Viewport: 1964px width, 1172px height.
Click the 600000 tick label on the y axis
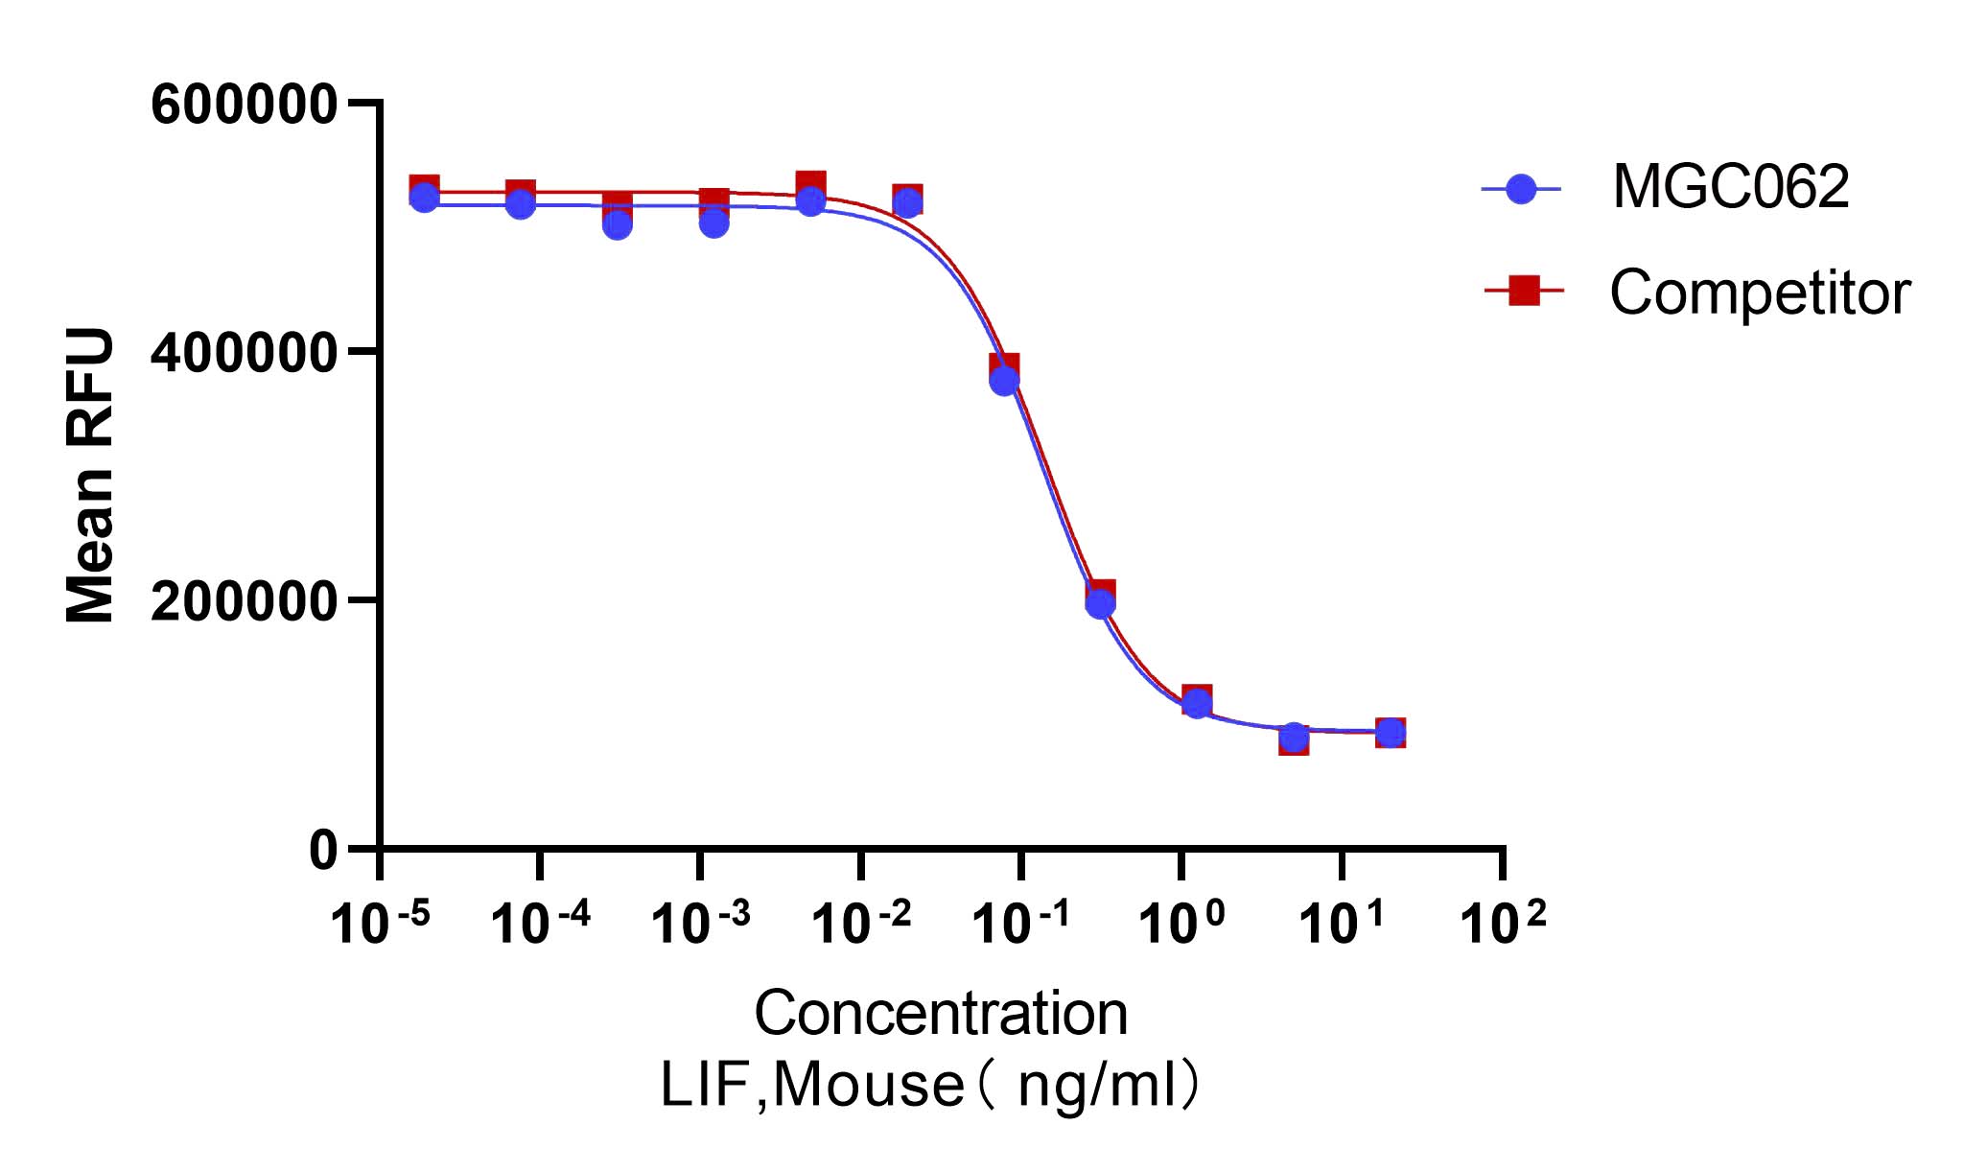(x=244, y=105)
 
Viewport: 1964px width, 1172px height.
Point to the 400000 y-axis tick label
(x=244, y=353)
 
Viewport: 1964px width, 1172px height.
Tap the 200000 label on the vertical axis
(x=244, y=601)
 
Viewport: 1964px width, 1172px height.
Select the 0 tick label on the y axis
(x=323, y=850)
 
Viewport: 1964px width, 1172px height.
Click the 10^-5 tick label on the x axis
(x=380, y=925)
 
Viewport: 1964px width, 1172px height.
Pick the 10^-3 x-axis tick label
(x=700, y=925)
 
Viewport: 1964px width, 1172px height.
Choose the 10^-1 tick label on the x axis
(x=1020, y=925)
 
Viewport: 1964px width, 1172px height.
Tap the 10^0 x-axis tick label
(x=1181, y=925)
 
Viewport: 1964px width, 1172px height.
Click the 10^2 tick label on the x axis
(x=1503, y=925)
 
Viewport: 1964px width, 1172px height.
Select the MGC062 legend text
(x=1730, y=187)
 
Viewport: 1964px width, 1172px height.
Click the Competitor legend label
(x=1760, y=293)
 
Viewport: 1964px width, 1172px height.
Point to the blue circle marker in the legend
(x=1521, y=189)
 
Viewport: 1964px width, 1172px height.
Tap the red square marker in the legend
(x=1524, y=290)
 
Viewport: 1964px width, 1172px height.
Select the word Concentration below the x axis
(x=941, y=1014)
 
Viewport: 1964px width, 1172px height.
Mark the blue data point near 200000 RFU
(x=1100, y=604)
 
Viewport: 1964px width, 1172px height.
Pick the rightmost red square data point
(x=1391, y=733)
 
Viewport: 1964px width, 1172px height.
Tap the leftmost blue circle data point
(x=424, y=199)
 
